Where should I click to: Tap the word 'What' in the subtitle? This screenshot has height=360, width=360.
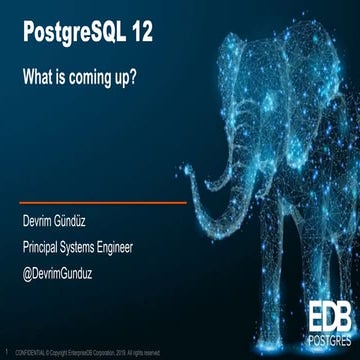[x=39, y=75]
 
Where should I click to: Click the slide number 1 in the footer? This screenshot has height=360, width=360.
[x=7, y=351]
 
